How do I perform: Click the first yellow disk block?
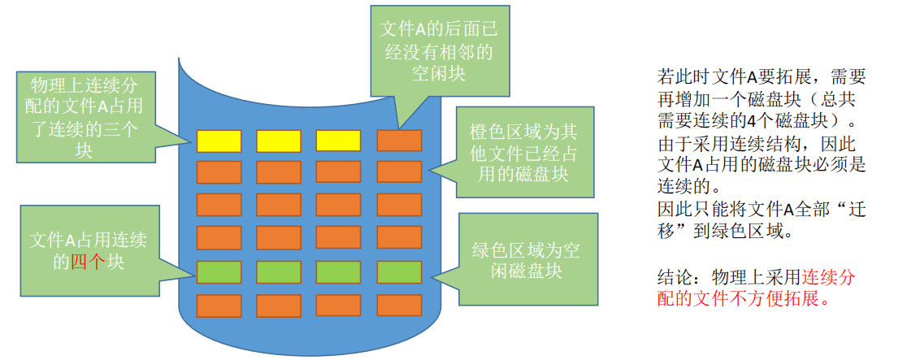tap(219, 141)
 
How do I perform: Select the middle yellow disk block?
tap(279, 141)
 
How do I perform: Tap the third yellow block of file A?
tap(338, 141)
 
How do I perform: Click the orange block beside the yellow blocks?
tap(399, 141)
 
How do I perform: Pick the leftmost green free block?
tap(219, 271)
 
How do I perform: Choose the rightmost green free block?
tap(399, 271)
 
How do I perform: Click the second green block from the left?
tap(279, 271)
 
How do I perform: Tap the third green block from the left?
tap(338, 271)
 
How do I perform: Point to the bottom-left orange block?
tap(219, 306)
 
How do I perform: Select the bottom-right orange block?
tap(399, 306)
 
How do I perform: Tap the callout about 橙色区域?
tap(523, 153)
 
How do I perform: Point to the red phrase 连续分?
tap(828, 277)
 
